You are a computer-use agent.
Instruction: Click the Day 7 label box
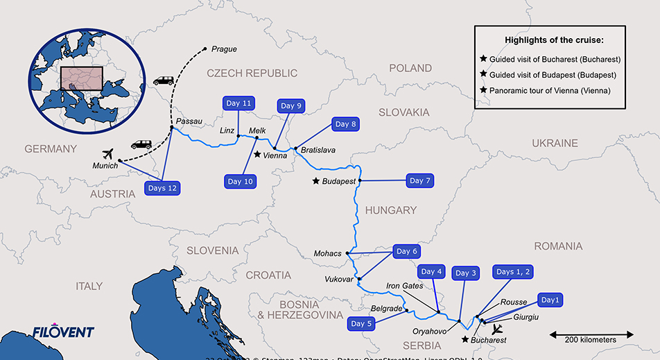point(420,181)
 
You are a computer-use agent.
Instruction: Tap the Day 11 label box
point(238,103)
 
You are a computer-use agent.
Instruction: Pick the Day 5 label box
point(362,324)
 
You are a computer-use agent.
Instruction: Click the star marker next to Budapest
point(316,181)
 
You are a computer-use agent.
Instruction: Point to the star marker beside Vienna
point(257,155)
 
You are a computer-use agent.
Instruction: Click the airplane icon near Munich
point(107,153)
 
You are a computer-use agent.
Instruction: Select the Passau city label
point(189,121)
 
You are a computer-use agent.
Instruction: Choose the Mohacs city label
point(327,253)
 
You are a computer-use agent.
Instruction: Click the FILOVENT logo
point(62,332)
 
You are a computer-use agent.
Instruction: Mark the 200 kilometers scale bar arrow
point(591,334)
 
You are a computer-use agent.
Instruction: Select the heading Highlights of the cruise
point(550,40)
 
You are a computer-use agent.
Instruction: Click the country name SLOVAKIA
point(403,112)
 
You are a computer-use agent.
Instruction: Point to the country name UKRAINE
point(555,143)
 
